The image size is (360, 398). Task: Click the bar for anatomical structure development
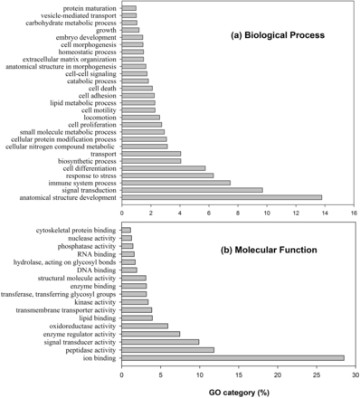point(222,196)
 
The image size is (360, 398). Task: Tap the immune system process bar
point(175,182)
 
